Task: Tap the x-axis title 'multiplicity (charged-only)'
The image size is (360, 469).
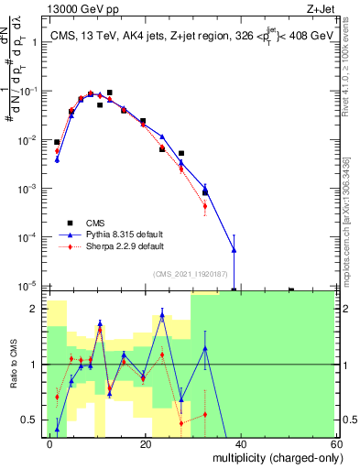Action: pyautogui.click(x=272, y=457)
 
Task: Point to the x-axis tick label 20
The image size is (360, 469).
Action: pyautogui.click(x=146, y=443)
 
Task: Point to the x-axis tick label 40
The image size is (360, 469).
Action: pyautogui.click(x=241, y=443)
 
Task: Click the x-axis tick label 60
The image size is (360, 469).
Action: pyautogui.click(x=334, y=443)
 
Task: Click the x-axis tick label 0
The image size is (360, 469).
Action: pyautogui.click(x=50, y=443)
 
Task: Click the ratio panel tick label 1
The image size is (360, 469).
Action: pyautogui.click(x=37, y=365)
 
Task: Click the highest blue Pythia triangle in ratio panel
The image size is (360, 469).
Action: pyautogui.click(x=162, y=314)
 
